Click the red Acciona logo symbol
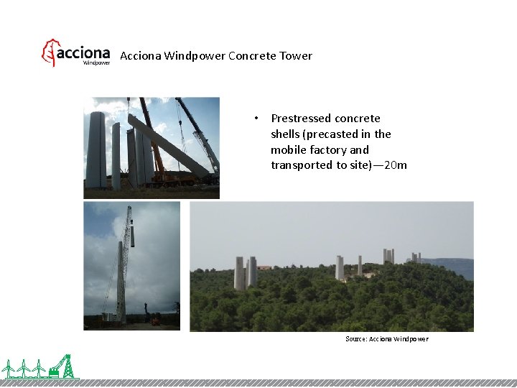[x=48, y=53]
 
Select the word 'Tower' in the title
[x=297, y=56]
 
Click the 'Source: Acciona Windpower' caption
[x=386, y=338]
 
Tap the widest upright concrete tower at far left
[x=96, y=149]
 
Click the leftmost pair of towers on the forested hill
[x=246, y=273]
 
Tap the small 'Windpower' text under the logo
[x=97, y=63]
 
